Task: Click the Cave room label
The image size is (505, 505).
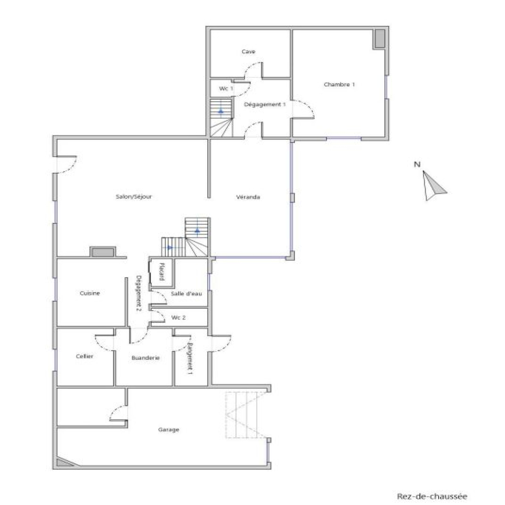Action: point(248,51)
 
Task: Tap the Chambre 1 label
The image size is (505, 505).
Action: point(339,85)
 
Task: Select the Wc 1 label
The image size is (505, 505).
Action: point(226,88)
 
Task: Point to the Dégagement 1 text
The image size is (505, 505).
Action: point(265,104)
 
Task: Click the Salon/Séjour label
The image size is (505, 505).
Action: point(134,197)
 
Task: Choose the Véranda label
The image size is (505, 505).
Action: point(248,197)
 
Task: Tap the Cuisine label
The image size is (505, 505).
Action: point(90,293)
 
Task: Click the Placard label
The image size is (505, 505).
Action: point(161,271)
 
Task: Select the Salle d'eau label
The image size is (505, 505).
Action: point(186,294)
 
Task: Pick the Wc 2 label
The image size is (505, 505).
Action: point(178,318)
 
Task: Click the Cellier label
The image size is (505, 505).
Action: point(85,356)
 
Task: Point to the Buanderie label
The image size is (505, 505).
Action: point(146,358)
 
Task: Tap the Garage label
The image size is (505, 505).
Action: point(169,430)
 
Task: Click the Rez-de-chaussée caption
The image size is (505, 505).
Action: point(432,496)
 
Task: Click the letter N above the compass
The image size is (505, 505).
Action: point(417,164)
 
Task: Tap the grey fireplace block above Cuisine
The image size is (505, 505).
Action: point(103,252)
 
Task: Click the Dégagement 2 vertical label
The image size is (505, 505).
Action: point(138,293)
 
